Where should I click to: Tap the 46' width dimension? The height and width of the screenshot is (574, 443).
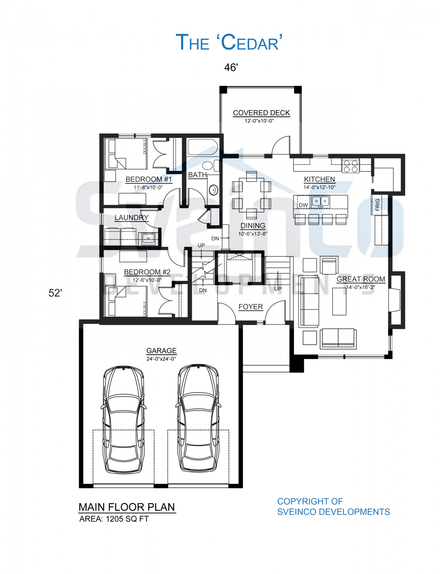(231, 67)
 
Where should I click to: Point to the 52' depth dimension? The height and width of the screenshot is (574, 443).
(55, 293)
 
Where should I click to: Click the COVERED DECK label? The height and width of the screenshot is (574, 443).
(261, 113)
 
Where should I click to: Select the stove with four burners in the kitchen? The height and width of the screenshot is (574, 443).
(351, 166)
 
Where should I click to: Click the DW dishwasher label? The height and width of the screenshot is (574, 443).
(303, 205)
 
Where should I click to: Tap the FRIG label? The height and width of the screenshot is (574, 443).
(378, 205)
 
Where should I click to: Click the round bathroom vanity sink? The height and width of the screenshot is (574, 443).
(213, 190)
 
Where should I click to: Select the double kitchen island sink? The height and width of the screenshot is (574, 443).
(320, 201)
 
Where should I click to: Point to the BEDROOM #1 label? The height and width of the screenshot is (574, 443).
(149, 179)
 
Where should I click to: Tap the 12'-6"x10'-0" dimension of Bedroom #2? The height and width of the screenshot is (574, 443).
(147, 280)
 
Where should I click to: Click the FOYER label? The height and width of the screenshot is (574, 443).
(251, 307)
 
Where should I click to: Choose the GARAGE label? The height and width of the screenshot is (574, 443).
(161, 351)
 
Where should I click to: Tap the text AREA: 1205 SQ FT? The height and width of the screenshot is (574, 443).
(114, 519)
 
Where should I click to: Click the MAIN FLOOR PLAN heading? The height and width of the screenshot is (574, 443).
(127, 507)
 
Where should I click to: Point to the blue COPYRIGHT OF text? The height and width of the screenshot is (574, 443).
(310, 501)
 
